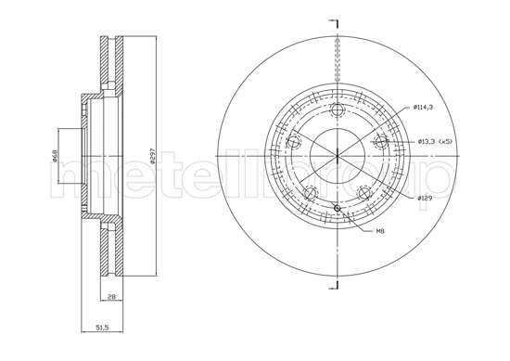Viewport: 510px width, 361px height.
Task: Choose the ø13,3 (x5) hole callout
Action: tap(433, 141)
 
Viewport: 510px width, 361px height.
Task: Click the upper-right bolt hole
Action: tap(378, 142)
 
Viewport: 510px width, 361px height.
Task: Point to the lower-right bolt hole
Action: tap(363, 192)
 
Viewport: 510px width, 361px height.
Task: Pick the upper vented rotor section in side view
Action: tap(109, 65)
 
